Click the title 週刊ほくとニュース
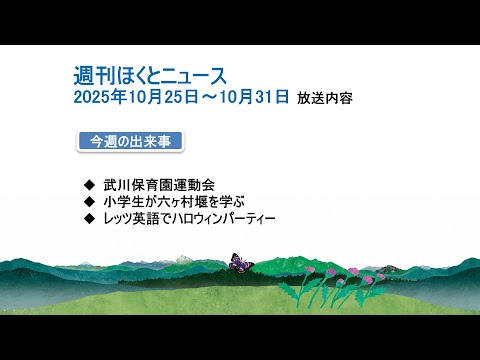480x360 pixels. [151, 75]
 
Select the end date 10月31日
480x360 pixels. [257, 97]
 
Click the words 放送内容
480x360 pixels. [325, 98]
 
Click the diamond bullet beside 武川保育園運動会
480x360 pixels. [91, 184]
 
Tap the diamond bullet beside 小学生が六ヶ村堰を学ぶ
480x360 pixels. [91, 200]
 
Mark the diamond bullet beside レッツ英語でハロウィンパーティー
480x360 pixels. [91, 216]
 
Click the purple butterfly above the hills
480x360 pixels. [240, 261]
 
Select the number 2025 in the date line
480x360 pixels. [92, 97]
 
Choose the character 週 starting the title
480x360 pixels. [84, 75]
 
